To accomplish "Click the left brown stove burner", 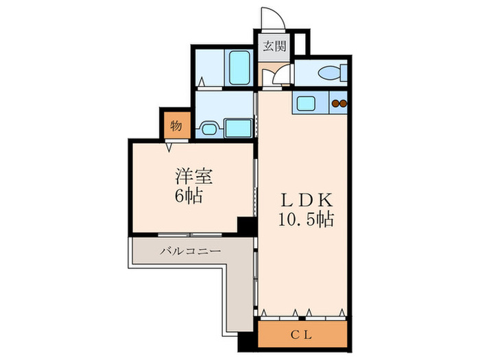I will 335,104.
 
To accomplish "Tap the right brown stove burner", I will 344,104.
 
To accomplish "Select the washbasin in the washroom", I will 211,127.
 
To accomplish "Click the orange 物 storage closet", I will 176,125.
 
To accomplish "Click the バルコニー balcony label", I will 191,252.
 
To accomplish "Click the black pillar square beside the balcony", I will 244,226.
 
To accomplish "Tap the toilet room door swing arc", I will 280,77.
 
